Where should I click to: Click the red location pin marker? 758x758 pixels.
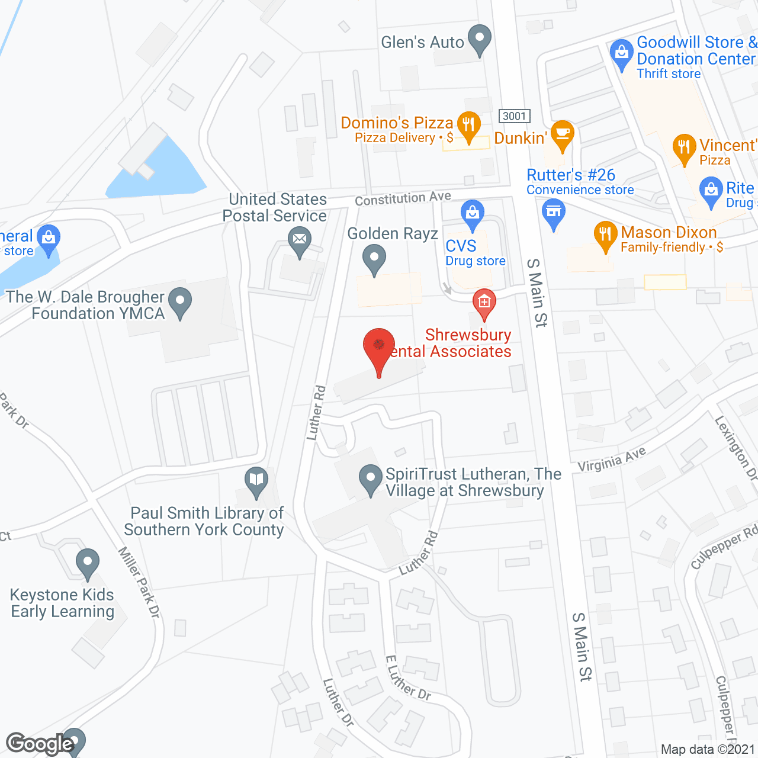tap(378, 347)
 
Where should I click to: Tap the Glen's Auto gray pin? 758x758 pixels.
tap(479, 39)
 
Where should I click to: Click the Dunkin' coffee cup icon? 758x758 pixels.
tap(562, 134)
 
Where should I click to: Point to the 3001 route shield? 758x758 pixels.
tap(514, 116)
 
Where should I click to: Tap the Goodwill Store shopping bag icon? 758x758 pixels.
tap(621, 54)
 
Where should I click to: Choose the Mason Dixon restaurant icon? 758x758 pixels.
tap(605, 235)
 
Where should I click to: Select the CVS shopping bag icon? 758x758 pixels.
tap(473, 214)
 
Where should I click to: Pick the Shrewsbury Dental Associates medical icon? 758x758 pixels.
tap(484, 303)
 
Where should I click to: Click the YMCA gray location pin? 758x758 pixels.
tap(180, 301)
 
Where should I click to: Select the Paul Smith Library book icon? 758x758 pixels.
tap(256, 480)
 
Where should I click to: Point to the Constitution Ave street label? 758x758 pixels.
tap(403, 198)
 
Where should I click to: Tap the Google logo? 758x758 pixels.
tap(40, 744)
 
